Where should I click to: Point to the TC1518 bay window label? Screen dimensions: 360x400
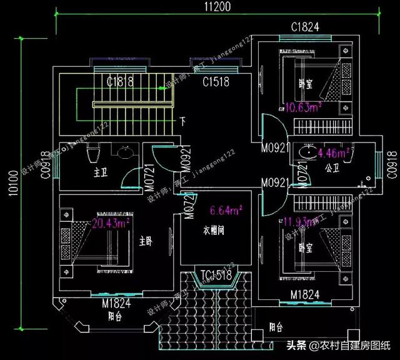(216, 275)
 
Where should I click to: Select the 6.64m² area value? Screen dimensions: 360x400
(226, 210)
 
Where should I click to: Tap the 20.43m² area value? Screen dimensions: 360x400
(111, 222)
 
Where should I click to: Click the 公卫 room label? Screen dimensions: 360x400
(332, 167)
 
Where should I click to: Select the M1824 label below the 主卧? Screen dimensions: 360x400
(116, 304)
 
